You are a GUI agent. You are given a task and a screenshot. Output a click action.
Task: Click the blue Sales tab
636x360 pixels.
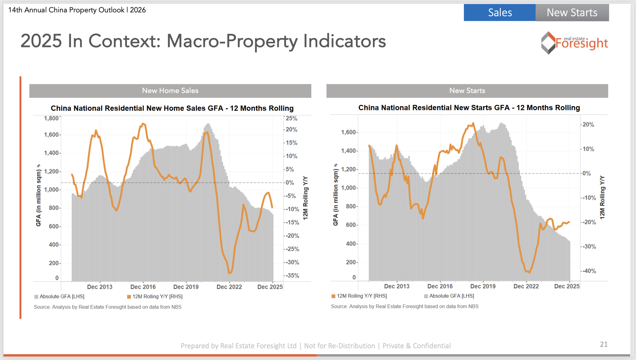coord(500,12)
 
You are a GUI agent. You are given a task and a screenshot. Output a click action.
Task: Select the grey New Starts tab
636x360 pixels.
coord(572,12)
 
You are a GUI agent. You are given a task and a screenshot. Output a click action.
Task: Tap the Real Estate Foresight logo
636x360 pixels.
coord(574,43)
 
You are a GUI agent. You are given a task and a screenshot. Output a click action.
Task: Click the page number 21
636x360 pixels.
coord(604,344)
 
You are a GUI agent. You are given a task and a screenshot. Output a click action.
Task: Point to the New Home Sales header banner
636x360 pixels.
coord(170,91)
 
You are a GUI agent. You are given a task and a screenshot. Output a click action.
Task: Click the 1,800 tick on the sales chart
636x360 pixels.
coord(51,119)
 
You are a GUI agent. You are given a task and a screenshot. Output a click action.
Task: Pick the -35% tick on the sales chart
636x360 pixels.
coord(292,276)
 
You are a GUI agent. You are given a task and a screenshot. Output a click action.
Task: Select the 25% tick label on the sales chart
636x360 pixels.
coord(291,119)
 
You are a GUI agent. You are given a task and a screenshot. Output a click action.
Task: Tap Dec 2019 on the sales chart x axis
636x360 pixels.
coord(186,287)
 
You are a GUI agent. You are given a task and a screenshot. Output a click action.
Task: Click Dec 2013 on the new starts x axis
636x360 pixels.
coord(396,286)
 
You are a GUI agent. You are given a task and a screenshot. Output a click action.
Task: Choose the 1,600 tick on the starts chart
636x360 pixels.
coord(348,132)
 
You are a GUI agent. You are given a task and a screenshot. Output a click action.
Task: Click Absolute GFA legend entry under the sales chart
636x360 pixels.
coord(62,297)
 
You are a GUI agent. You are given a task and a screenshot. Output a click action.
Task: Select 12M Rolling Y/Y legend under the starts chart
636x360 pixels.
coord(361,296)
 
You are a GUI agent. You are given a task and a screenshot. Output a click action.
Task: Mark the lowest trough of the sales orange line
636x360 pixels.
coord(230,273)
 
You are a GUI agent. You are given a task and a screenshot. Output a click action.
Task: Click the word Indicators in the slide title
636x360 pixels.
coord(344,42)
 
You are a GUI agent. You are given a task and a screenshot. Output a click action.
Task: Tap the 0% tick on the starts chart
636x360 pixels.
coord(586,174)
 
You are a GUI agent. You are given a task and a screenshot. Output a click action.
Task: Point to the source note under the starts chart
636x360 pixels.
coord(405,307)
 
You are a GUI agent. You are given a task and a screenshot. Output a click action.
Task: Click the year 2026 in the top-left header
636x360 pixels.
coord(138,10)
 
